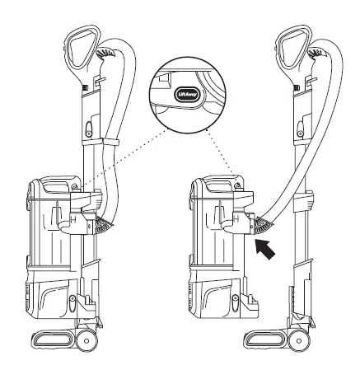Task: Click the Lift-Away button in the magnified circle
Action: tap(185, 96)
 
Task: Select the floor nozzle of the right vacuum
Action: tap(272, 339)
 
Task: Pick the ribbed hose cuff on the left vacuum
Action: tap(105, 224)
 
